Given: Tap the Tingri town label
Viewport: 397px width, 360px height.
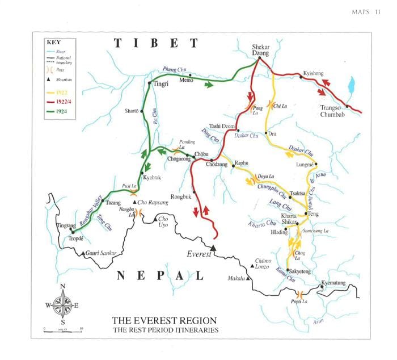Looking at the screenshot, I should click(162, 83).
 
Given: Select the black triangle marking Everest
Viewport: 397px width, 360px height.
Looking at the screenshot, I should click(213, 248).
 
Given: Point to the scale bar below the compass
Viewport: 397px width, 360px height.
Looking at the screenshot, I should click(63, 329).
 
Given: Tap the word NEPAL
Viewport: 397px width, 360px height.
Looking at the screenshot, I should click(160, 276).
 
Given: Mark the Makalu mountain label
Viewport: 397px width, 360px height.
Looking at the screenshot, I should click(236, 278).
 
